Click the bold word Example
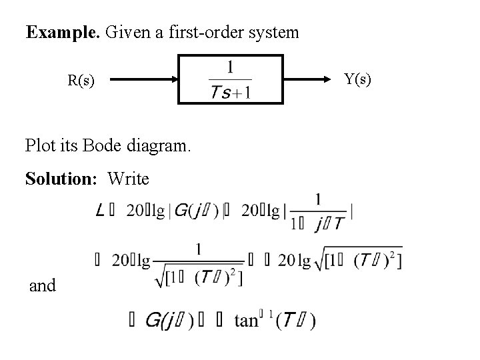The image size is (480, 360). [61, 32]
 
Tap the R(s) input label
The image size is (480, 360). [81, 81]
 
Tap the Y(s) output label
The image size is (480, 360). [357, 79]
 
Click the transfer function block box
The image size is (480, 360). [231, 80]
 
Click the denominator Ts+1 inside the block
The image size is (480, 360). [230, 93]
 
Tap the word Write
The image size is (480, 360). [128, 179]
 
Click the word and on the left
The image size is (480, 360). [43, 286]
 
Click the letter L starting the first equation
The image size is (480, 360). [100, 211]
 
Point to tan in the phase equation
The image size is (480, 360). [246, 321]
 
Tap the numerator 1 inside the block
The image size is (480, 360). [230, 67]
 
